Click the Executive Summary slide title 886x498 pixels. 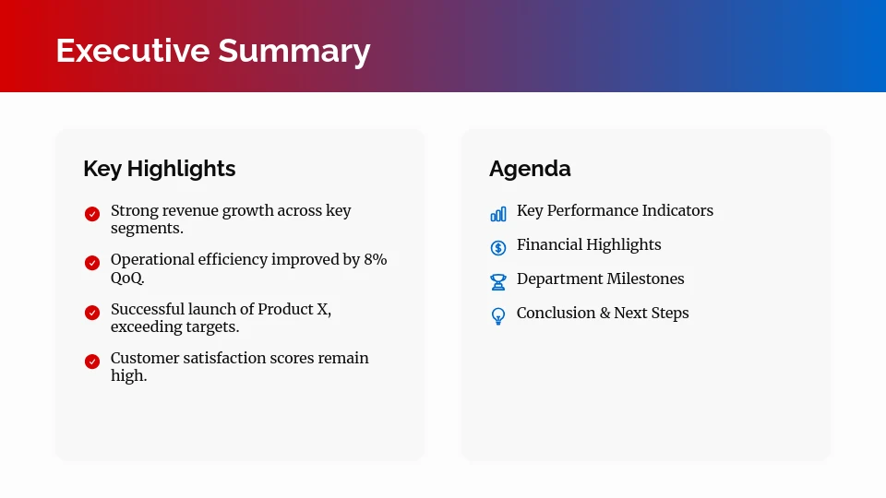point(212,50)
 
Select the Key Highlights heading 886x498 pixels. point(159,169)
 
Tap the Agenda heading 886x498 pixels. point(530,169)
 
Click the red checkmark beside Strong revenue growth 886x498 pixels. point(92,214)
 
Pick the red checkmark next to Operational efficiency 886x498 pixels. point(92,263)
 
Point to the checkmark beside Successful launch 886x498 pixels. point(92,313)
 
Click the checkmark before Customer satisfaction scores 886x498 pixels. point(92,362)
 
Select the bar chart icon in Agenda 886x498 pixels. point(498,214)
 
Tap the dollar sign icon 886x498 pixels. point(498,247)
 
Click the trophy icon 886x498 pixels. point(498,281)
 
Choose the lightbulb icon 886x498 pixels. point(498,316)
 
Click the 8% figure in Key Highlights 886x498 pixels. point(376,260)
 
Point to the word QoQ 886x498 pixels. point(127,278)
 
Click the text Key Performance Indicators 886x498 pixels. point(615,210)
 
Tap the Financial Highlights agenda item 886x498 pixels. point(589,244)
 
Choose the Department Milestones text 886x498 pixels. point(600,279)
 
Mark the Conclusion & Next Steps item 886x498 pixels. point(603,313)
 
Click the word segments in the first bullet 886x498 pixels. point(146,229)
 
